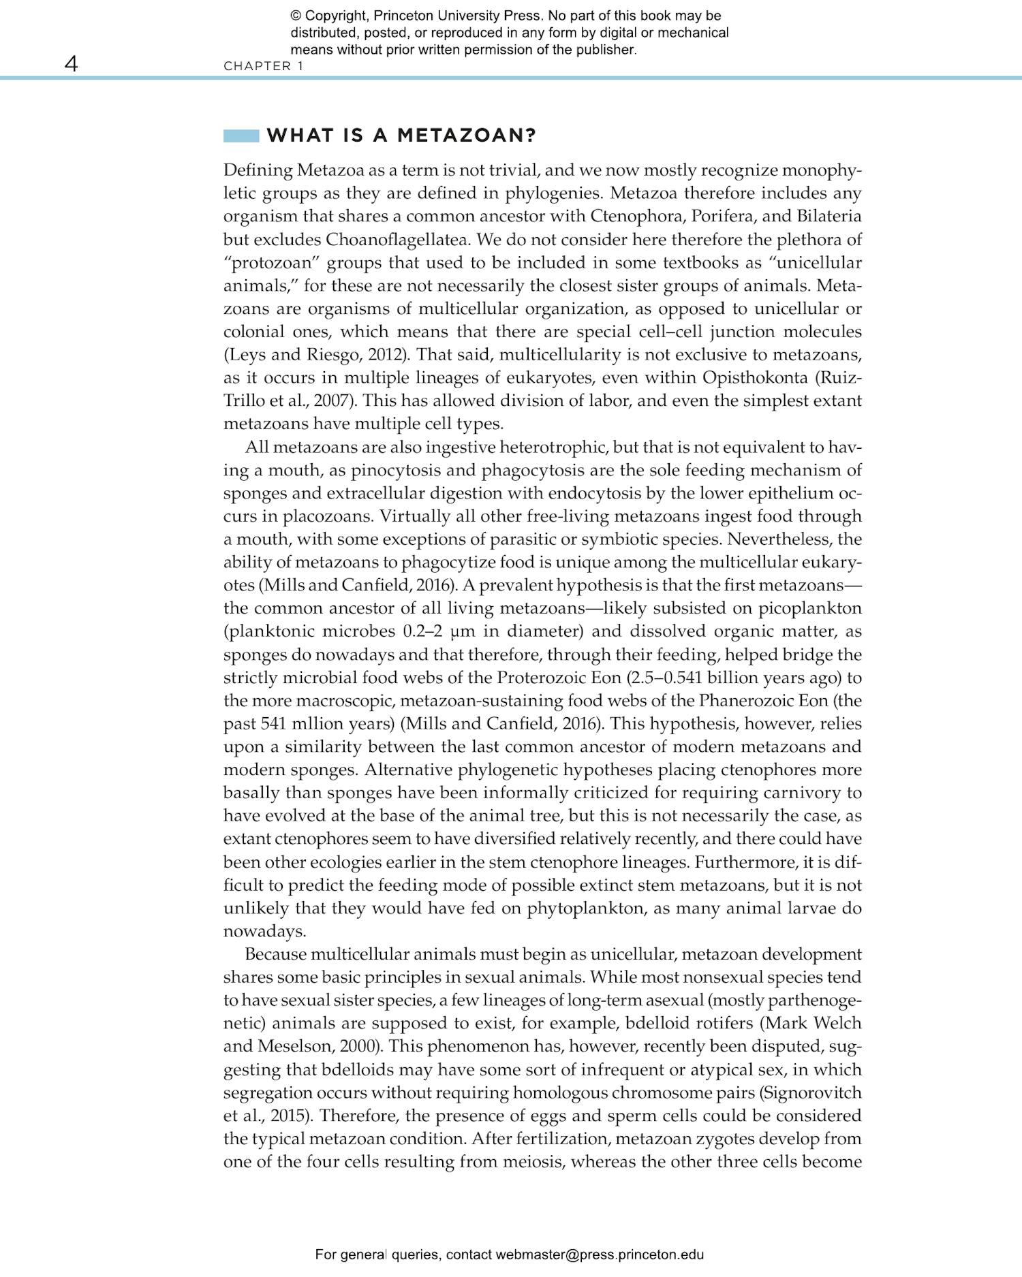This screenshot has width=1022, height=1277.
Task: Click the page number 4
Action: pos(71,64)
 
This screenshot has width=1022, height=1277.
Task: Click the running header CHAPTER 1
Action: pos(263,66)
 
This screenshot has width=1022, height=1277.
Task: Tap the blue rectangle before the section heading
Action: pos(241,136)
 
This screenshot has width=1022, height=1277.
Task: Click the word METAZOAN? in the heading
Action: pos(467,136)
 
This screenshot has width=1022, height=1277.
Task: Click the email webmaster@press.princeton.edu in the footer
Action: pos(600,1255)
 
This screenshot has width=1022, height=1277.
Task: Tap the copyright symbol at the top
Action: pos(295,16)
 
